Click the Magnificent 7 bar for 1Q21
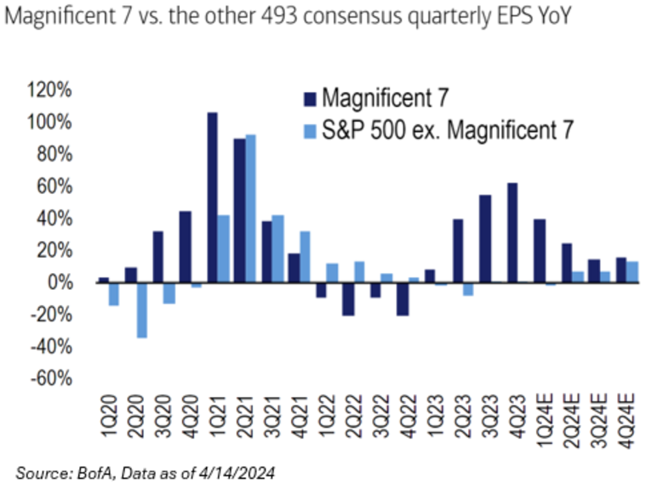coord(212,197)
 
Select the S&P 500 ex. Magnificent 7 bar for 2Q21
coord(250,208)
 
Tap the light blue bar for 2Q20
coord(141,310)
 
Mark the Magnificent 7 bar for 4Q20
coord(185,247)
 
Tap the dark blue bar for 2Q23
coord(458,251)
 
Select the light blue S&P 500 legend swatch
coord(310,129)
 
